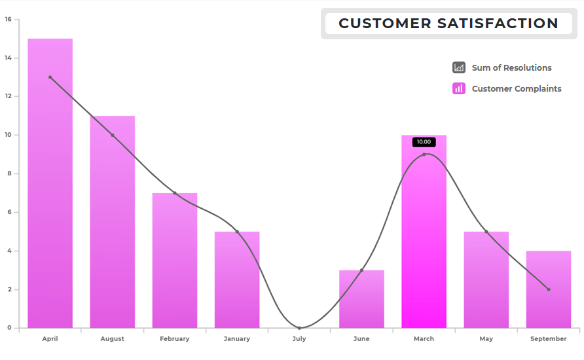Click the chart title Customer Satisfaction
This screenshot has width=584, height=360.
pos(448,24)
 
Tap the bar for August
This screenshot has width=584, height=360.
pos(112,223)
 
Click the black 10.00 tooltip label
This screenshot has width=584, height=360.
pos(424,142)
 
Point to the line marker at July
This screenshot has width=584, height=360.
pos(299,328)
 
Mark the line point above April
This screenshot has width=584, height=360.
pos(50,77)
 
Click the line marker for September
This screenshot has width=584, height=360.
pos(549,289)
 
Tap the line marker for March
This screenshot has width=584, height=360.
pos(424,154)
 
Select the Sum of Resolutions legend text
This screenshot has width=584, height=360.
pos(511,68)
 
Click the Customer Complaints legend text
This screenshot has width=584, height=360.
pos(517,89)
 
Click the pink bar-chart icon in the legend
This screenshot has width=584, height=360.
pos(459,88)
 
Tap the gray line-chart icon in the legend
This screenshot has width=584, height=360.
pos(459,67)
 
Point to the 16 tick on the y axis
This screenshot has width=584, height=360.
pos(8,20)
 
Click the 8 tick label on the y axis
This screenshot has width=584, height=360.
pos(9,174)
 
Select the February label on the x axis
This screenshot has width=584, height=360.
pos(174,339)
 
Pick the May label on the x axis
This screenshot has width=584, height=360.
pos(486,339)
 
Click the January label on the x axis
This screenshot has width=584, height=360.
pos(236,339)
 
